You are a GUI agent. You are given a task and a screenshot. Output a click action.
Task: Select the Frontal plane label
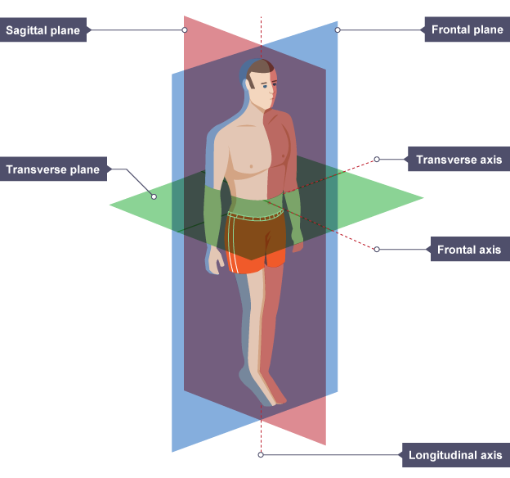[466, 30]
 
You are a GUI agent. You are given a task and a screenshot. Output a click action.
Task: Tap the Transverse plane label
[52, 170]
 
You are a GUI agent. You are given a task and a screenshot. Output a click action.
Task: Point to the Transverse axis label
[459, 160]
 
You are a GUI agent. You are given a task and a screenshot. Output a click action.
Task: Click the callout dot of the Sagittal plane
[185, 30]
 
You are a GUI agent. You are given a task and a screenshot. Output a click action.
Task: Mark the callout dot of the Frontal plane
[338, 30]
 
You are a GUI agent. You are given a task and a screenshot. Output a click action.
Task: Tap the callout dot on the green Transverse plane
[153, 196]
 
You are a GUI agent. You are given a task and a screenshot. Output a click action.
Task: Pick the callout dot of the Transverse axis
[377, 160]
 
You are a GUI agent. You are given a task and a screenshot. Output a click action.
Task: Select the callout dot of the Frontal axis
[377, 249]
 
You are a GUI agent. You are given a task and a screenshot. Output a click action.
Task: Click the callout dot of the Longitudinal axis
[261, 454]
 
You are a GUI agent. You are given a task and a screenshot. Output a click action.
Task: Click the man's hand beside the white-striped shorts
[216, 260]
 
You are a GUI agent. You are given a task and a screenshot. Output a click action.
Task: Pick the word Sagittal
[29, 31]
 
